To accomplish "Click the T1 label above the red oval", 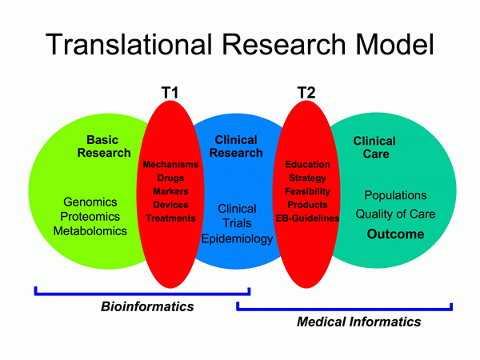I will coord(169,94).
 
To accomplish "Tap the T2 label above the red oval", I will coord(306,94).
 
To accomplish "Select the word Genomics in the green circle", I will coord(90,202).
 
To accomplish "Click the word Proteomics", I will coord(90,217).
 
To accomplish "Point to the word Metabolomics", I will coord(90,231).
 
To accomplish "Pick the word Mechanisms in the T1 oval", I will coord(170,165).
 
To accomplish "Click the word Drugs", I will coord(170,178).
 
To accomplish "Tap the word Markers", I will coord(170,192).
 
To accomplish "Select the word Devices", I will coord(170,205).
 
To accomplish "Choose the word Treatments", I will coord(170,218).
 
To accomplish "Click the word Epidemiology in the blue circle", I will coord(238,238).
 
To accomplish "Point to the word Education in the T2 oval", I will coord(307,165).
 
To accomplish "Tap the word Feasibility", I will coord(307,191).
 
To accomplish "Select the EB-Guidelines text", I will coord(307,218).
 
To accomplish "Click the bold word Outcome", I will coord(396,234).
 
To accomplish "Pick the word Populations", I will coord(396,195).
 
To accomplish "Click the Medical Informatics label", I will coord(358,322).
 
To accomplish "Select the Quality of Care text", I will coord(396,214).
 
